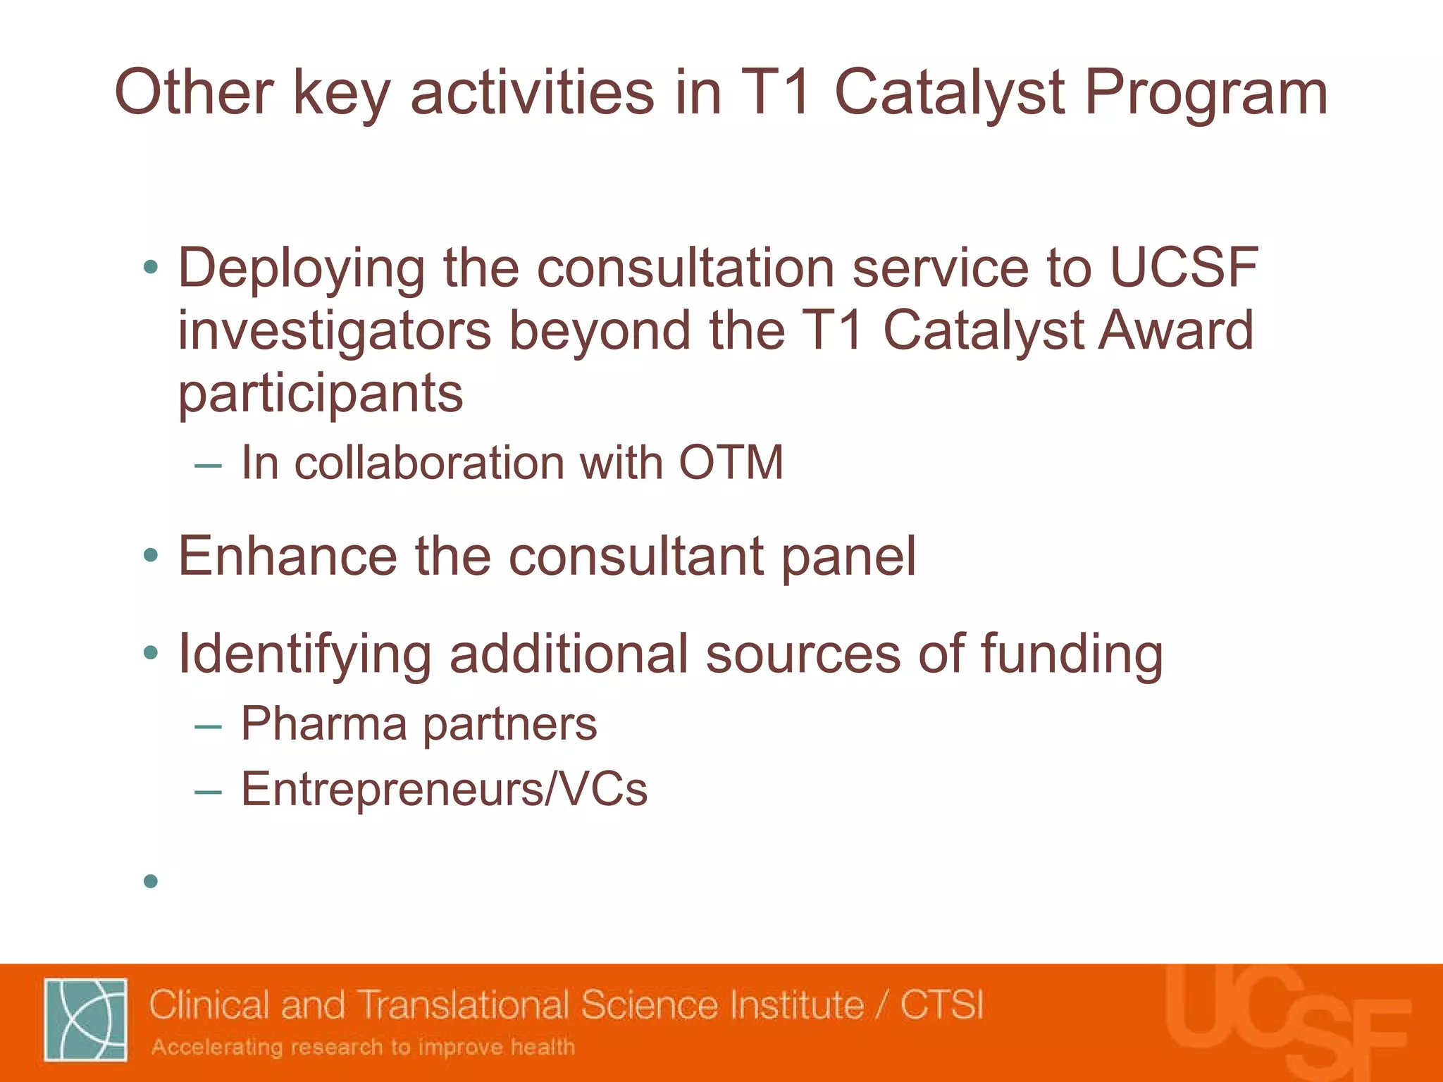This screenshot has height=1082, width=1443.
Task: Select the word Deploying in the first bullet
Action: point(301,270)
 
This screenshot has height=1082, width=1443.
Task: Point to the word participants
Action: point(321,394)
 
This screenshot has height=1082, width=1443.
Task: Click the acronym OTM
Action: point(731,464)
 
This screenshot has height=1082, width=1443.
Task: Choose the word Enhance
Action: point(287,556)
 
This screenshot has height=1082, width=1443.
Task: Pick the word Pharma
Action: point(324,724)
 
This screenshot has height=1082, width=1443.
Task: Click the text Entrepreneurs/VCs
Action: point(444,789)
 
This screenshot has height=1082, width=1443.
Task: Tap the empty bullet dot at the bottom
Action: point(150,881)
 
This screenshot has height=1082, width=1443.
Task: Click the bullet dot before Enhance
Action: point(150,556)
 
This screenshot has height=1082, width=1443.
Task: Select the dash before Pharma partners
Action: point(208,726)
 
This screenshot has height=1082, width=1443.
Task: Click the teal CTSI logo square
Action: point(86,1019)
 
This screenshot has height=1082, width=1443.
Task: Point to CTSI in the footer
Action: point(941,1005)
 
